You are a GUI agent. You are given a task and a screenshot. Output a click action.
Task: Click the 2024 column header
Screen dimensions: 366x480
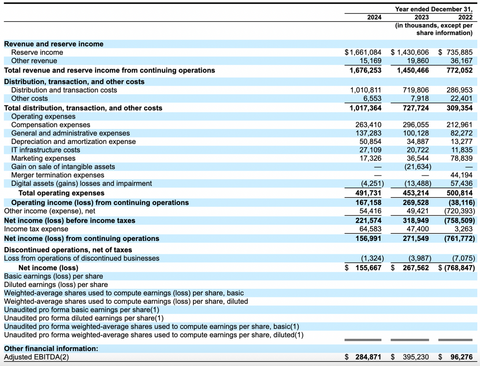click(x=374, y=17)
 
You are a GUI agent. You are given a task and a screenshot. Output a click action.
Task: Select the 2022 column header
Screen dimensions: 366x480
click(x=465, y=17)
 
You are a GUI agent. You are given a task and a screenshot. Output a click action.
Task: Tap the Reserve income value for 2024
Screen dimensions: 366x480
click(x=363, y=52)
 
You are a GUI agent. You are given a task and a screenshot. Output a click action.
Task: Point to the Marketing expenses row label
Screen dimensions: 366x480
click(x=43, y=159)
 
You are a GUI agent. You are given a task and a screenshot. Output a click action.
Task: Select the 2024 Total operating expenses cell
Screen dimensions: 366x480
click(x=368, y=193)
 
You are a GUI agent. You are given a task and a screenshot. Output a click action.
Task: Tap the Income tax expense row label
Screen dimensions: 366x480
click(x=36, y=229)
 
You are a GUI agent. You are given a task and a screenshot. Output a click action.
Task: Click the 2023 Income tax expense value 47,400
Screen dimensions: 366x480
click(x=418, y=229)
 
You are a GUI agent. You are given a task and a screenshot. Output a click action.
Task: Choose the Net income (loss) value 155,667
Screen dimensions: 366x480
click(x=368, y=268)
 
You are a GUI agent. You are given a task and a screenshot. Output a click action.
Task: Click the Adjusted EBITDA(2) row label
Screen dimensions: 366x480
click(x=36, y=357)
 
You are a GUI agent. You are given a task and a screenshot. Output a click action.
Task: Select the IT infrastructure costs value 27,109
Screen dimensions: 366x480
click(x=370, y=150)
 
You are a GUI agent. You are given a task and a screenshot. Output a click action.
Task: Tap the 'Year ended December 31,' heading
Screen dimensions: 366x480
click(x=434, y=9)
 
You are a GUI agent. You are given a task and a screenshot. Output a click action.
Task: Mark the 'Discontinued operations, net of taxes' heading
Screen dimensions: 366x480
click(x=68, y=250)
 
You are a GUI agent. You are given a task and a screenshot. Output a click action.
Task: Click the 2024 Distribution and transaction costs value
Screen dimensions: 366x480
click(x=366, y=90)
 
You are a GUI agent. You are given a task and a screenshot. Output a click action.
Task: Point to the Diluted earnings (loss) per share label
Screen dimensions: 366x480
click(x=56, y=285)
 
